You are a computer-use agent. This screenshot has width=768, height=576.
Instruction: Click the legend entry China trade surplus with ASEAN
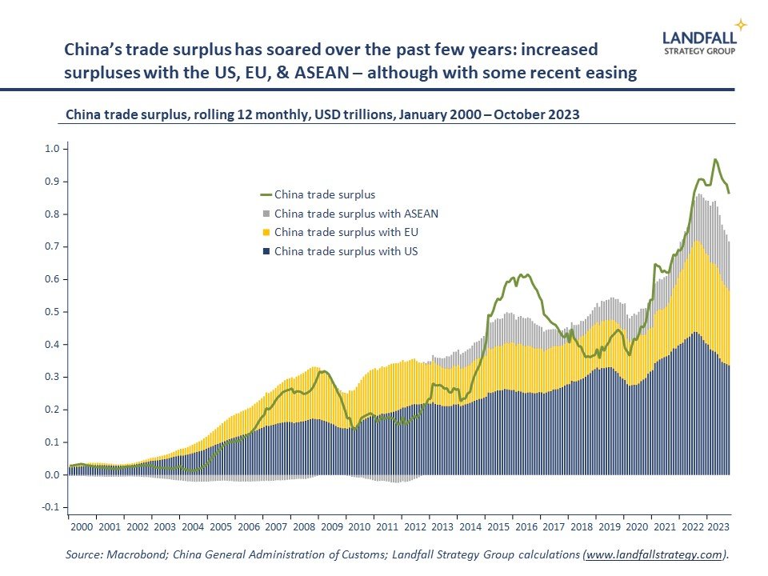[x=355, y=214]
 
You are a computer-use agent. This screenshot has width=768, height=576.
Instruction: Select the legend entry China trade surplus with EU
[x=346, y=233]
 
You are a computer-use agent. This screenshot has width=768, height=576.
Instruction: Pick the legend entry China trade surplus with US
[x=346, y=252]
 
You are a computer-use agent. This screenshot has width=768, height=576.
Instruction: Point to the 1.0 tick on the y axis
[x=52, y=149]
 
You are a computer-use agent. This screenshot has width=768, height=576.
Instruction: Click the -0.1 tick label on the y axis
[x=51, y=508]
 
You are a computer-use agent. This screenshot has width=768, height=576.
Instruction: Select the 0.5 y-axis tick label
[x=52, y=312]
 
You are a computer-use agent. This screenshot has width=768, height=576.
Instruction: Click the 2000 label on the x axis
[x=82, y=527]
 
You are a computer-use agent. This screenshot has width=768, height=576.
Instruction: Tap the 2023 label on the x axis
[x=717, y=527]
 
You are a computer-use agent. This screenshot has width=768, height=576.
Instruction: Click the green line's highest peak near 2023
[x=714, y=160]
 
